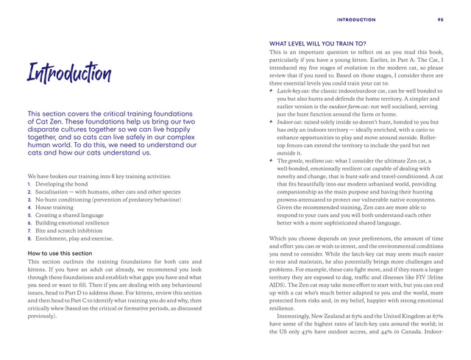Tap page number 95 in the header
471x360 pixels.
(439, 19)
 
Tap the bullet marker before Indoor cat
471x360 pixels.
(272, 121)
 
